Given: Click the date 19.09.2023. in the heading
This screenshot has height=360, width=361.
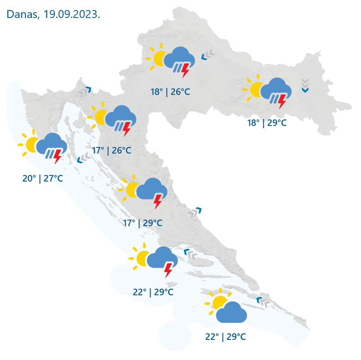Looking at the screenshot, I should (72, 14).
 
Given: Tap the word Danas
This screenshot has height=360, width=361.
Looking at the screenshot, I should (22, 14).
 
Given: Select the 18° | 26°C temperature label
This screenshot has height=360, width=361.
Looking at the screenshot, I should (171, 92).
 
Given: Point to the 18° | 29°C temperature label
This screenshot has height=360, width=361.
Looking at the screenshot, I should (267, 123).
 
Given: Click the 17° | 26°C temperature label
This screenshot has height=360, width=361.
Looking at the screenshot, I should (112, 150).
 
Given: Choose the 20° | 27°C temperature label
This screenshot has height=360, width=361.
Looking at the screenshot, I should (43, 178).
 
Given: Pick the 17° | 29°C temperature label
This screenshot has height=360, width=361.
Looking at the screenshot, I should (143, 223).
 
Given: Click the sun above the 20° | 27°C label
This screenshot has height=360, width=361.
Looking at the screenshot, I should (32, 144).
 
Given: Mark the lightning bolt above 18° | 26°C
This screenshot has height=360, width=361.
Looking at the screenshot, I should (186, 70).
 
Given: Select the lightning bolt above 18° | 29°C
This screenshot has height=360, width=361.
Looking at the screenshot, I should (282, 101).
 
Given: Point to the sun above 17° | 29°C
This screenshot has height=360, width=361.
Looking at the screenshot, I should (131, 189).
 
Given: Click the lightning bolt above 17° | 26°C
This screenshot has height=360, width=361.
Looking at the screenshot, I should (127, 129).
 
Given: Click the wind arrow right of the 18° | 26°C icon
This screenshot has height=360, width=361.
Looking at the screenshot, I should (208, 55).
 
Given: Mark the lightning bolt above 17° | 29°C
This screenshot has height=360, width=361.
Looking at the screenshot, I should (158, 201).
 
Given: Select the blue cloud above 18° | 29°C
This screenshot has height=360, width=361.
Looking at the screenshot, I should (277, 89).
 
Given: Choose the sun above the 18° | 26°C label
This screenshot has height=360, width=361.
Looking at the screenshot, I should (159, 57).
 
